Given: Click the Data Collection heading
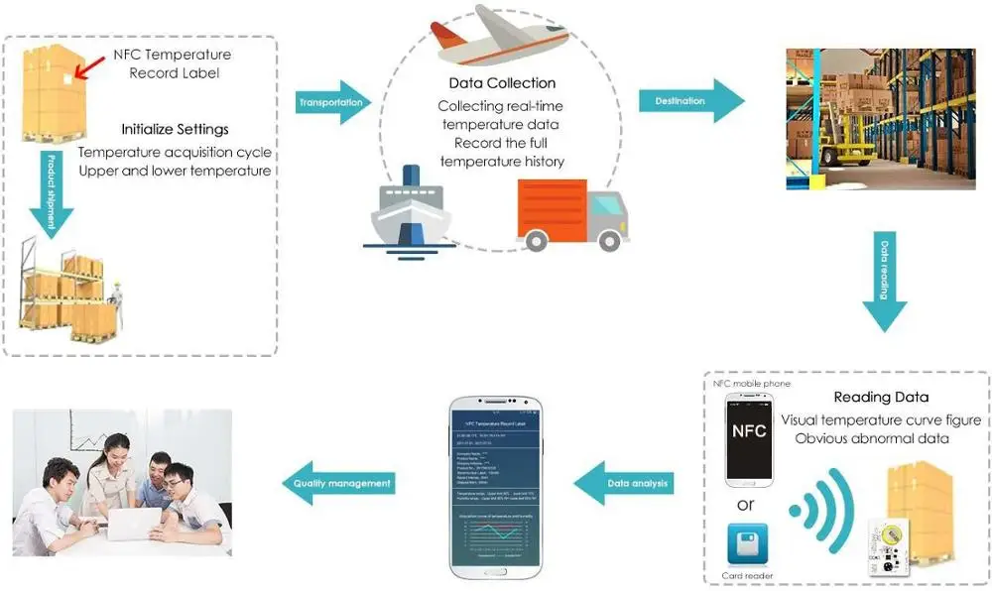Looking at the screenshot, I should click(502, 83).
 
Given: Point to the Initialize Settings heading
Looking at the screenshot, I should click(175, 129).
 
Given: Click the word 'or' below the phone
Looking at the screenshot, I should click(747, 505).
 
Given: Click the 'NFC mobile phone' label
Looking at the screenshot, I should click(752, 383).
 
